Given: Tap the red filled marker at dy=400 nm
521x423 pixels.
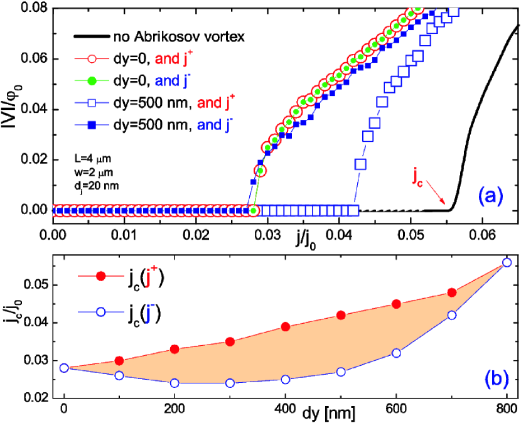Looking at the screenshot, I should (285, 326).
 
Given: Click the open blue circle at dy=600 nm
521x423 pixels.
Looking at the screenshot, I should (395, 353).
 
